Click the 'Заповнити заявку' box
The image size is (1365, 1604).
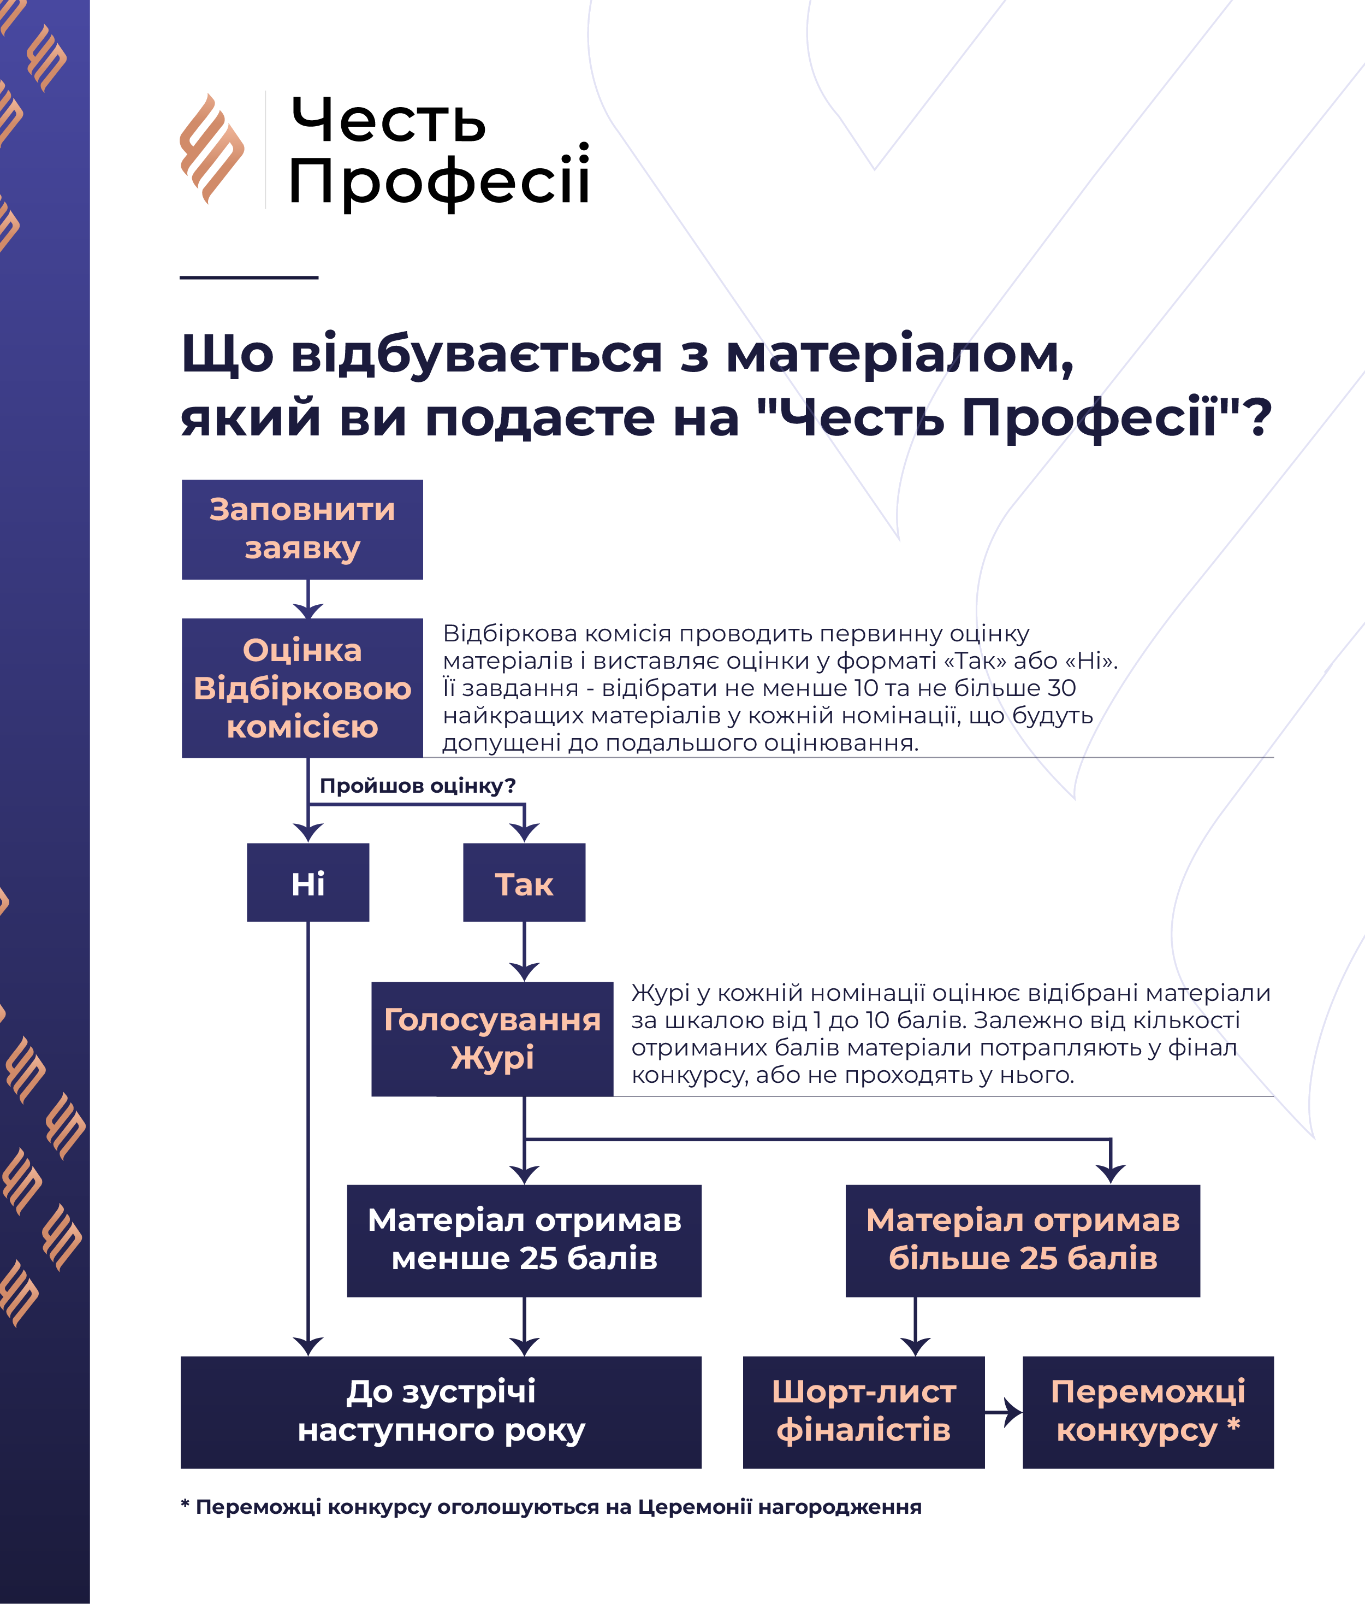(302, 529)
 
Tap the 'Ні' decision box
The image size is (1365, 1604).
(308, 882)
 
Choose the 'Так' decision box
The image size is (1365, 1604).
(524, 882)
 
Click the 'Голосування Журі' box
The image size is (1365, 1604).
(492, 1039)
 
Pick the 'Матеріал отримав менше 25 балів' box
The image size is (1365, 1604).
(524, 1240)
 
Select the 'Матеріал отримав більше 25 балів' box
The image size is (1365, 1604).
(1022, 1240)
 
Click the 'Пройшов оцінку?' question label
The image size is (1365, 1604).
(418, 786)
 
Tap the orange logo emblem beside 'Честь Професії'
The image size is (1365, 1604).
(211, 149)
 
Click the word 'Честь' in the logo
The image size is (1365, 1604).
(388, 121)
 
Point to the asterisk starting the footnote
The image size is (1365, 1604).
(185, 1505)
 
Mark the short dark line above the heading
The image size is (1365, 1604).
(248, 277)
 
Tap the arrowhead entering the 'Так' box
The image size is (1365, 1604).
(524, 834)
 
